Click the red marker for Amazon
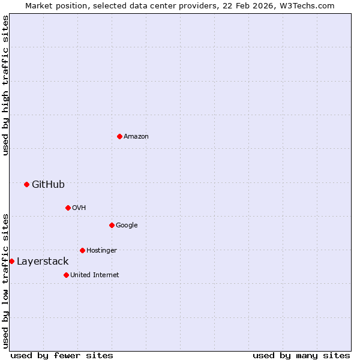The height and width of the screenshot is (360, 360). point(119,136)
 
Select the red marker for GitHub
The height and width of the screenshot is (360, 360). point(26,184)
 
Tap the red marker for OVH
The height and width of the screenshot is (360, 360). point(68,208)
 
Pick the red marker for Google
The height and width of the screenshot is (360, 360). point(112,225)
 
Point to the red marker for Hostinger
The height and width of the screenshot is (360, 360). point(82,250)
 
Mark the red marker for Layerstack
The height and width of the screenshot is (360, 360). point(11,261)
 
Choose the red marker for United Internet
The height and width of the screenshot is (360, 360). point(66,275)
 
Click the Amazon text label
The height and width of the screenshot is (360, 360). point(136,136)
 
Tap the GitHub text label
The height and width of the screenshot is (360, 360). point(48,184)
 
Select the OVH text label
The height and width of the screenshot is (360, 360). point(79,208)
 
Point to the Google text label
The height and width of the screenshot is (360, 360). point(127,225)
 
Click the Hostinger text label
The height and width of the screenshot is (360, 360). point(101,250)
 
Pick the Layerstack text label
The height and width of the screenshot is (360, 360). point(43,261)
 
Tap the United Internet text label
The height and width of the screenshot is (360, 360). point(94,275)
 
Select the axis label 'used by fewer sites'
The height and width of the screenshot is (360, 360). point(62,355)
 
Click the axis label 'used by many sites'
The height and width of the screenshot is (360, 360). point(301,355)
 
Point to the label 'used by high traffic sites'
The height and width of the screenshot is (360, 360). point(5,85)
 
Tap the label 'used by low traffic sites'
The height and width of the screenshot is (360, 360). point(5,280)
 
